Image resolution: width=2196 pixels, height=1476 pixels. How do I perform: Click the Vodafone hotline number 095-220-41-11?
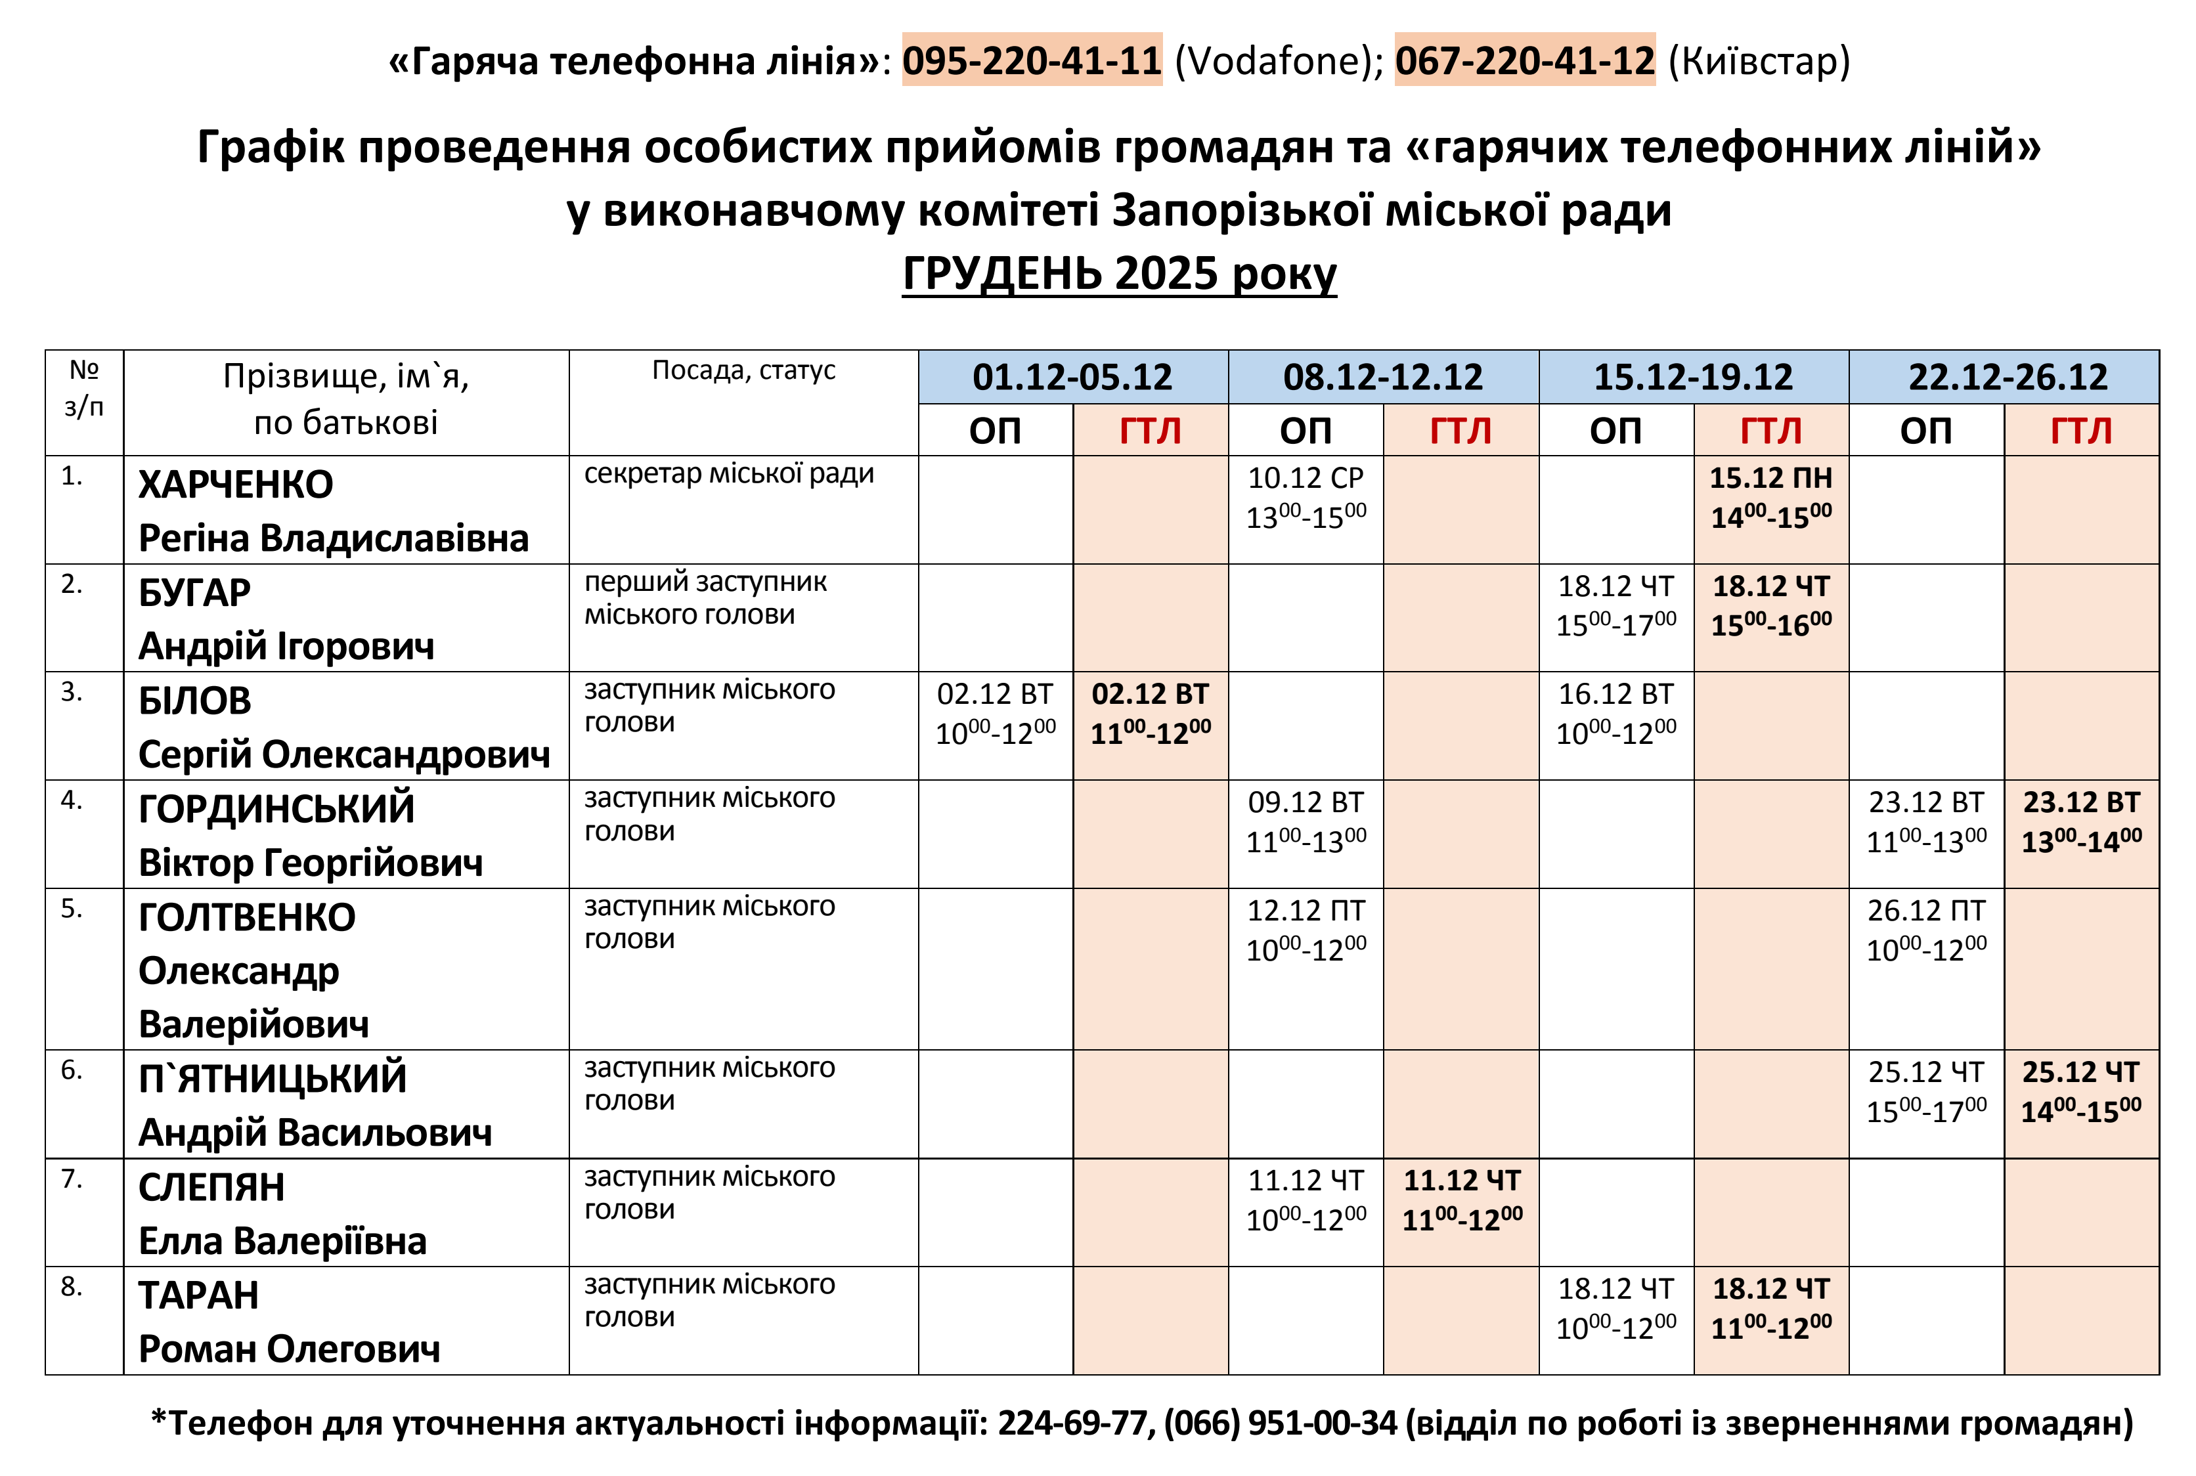point(1032,60)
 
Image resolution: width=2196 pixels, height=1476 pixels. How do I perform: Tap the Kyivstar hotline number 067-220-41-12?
point(1524,60)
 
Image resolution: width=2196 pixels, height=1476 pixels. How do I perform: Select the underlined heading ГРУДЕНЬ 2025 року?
point(1119,274)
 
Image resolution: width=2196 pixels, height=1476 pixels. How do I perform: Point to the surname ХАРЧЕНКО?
point(235,485)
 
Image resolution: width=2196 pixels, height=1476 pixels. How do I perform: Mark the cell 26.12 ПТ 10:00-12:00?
point(1926,930)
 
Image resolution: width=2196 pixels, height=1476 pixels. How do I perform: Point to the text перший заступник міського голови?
point(705,597)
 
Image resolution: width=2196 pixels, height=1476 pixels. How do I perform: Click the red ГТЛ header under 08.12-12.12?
point(1460,431)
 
